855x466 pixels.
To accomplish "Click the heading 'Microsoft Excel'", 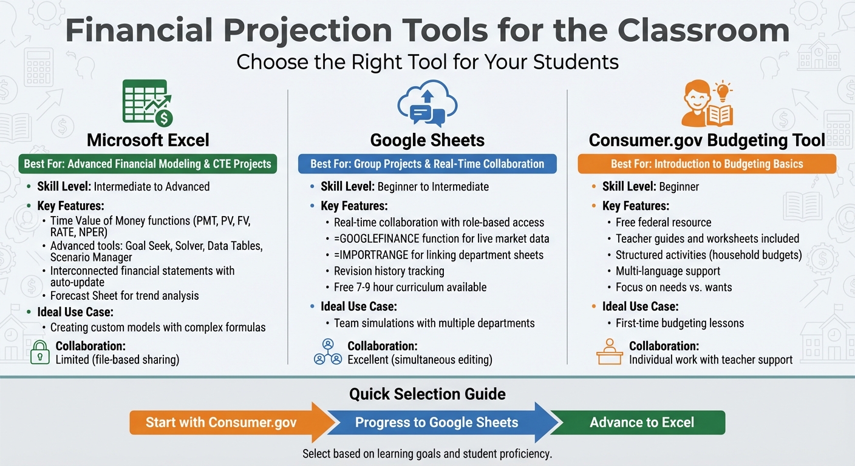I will click(148, 140).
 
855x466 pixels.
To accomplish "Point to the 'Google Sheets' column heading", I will click(428, 140).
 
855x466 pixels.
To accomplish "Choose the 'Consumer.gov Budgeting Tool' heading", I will click(707, 140).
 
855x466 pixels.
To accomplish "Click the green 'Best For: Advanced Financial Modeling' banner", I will click(148, 164).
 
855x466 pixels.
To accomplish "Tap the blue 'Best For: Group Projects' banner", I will click(428, 164).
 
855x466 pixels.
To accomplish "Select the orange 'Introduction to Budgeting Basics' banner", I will click(707, 164).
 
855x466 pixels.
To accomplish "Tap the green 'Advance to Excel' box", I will click(642, 422).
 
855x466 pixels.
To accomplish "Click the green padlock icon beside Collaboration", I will click(39, 353).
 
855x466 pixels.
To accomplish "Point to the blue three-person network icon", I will click(328, 352).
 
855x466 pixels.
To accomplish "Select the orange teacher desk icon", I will click(609, 352).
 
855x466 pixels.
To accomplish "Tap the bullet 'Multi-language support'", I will click(667, 271).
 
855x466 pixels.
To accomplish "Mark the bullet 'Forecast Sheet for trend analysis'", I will click(124, 295).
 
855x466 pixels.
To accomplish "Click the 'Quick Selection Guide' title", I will click(428, 394).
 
